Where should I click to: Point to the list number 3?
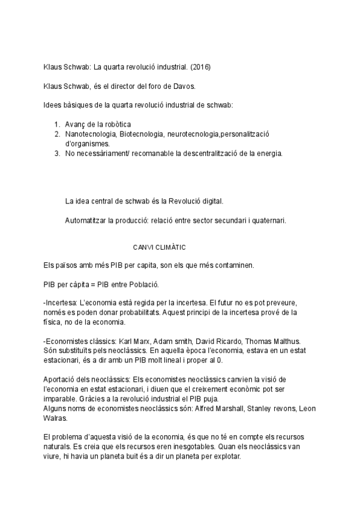[x=57, y=154]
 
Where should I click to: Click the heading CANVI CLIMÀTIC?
[x=159, y=247]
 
